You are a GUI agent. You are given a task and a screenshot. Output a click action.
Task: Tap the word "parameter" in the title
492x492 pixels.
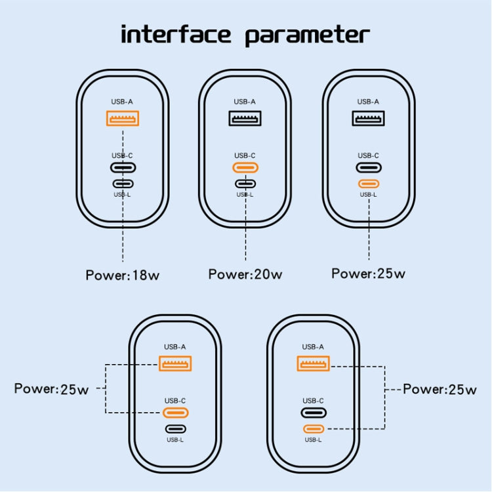307,34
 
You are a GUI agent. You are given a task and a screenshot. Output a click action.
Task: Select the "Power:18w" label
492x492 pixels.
123,275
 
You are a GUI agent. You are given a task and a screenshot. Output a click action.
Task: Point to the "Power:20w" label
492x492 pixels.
245,274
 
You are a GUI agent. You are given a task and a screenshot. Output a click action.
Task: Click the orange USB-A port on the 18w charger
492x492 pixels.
123,119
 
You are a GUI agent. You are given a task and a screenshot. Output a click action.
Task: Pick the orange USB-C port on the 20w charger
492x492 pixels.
245,167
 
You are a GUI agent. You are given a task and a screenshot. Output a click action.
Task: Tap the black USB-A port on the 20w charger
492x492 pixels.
245,119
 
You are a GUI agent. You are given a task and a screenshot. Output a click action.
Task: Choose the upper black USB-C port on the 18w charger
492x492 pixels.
123,167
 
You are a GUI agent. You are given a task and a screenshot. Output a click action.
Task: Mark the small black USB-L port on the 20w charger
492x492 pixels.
245,184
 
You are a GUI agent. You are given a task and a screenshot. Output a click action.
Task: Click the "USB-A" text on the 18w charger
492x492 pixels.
123,102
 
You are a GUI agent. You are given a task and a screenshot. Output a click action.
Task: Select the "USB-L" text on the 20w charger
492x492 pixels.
245,194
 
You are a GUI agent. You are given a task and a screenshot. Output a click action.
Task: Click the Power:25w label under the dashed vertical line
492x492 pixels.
368,274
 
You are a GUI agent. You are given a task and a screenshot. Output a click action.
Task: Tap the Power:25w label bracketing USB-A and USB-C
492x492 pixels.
52,388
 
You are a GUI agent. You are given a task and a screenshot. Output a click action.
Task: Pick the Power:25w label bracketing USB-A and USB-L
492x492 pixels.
440,389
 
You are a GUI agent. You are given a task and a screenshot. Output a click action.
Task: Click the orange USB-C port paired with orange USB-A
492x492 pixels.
175,413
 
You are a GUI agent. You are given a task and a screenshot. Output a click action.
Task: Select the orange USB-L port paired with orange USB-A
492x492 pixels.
313,429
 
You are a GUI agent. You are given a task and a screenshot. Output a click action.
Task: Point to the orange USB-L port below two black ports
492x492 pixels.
368,184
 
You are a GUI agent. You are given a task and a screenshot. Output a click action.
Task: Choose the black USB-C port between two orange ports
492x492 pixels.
313,413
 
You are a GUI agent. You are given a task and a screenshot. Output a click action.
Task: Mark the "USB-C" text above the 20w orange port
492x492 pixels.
245,155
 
